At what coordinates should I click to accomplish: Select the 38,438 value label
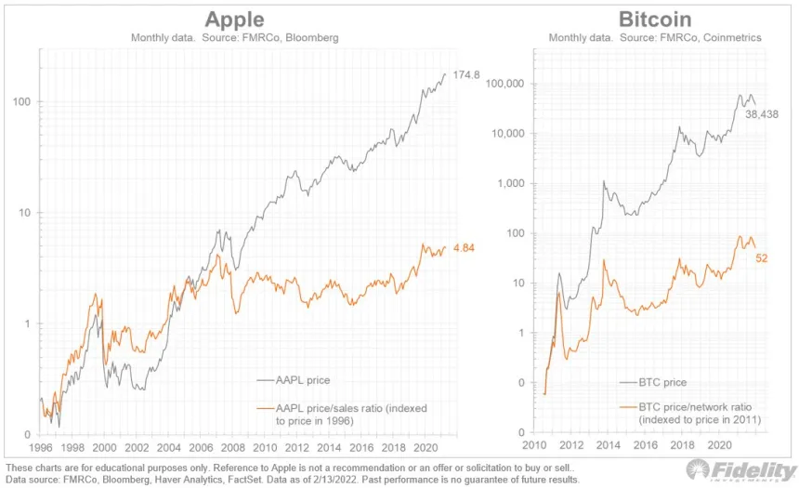(x=764, y=113)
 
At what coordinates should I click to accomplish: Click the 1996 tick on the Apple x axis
(x=42, y=446)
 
